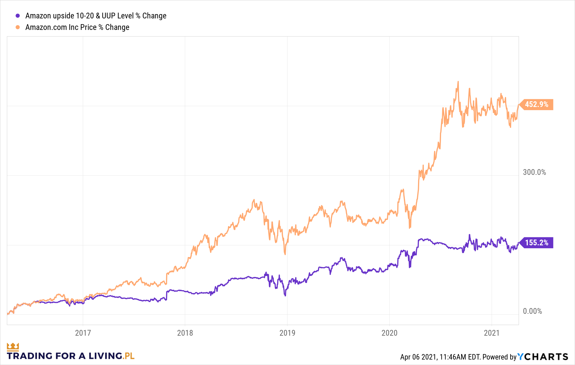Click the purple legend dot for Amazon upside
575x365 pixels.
18,16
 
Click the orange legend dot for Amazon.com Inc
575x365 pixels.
18,27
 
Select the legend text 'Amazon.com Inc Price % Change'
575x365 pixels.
77,27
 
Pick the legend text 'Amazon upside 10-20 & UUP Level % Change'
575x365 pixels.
96,16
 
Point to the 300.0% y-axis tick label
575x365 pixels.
534,172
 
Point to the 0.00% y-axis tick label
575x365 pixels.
532,311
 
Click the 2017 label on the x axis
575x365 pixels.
83,333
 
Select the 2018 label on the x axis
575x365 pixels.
185,333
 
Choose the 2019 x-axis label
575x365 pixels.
287,333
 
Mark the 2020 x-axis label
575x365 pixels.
389,333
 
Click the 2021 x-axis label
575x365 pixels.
492,333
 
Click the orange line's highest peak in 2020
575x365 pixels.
458,82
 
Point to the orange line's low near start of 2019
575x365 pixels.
285,254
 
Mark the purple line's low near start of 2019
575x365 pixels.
285,295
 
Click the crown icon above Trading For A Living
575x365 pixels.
13,347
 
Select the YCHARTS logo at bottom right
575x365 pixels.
543,357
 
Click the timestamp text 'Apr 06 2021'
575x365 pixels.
418,357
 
